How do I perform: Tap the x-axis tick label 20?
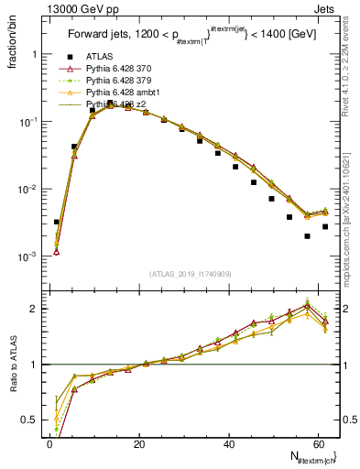coord(139,442)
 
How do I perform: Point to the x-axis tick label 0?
coord(49,442)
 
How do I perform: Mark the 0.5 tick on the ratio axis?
coord(33,420)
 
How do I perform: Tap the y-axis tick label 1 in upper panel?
coord(38,54)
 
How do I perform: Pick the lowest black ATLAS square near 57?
coord(307,236)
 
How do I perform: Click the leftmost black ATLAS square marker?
coord(57,222)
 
